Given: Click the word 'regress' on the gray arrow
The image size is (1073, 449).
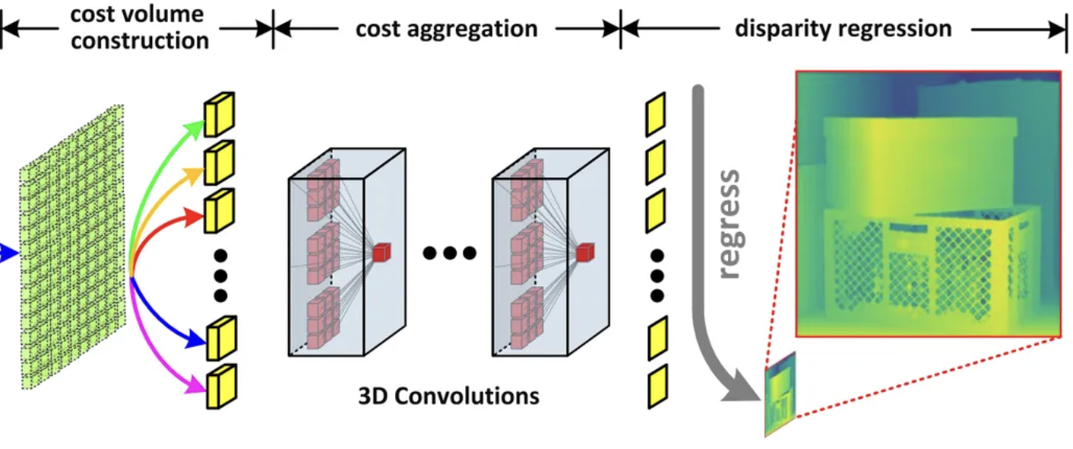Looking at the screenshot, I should tap(728, 224).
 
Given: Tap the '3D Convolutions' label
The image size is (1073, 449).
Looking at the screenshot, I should tap(448, 396).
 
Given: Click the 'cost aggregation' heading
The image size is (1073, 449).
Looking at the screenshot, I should tap(447, 30).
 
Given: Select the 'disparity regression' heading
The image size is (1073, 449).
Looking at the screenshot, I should tap(843, 29).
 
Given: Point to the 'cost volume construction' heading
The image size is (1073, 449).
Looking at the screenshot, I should tap(138, 27).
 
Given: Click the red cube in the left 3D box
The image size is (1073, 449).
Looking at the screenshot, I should tap(381, 252).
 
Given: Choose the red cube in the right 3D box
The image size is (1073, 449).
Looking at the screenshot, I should tap(584, 252).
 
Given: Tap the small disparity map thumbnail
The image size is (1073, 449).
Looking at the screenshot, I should tap(780, 394).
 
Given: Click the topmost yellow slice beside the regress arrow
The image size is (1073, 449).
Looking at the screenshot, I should tap(655, 114).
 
